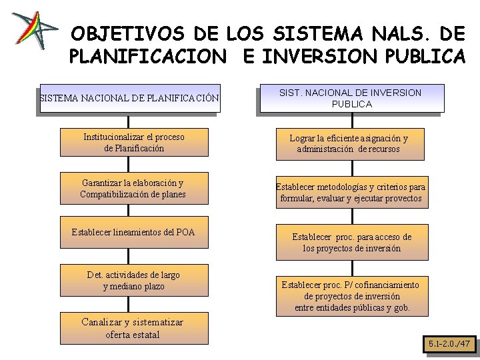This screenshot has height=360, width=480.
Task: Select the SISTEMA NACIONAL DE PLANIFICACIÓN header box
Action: click(129, 99)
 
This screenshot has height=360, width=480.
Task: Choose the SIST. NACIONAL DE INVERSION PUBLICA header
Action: click(350, 98)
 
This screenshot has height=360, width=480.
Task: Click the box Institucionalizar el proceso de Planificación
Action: click(134, 143)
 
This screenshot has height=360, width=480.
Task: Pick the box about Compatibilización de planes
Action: click(133, 189)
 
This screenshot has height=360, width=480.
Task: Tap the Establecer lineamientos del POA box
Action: click(133, 233)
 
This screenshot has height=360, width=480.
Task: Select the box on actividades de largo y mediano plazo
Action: click(133, 281)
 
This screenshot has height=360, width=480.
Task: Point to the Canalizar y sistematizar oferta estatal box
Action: click(133, 328)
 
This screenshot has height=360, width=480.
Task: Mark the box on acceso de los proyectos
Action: click(352, 243)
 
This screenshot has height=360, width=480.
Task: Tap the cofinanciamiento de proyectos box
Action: click(352, 296)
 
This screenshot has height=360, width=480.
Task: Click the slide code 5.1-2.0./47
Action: click(449, 344)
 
